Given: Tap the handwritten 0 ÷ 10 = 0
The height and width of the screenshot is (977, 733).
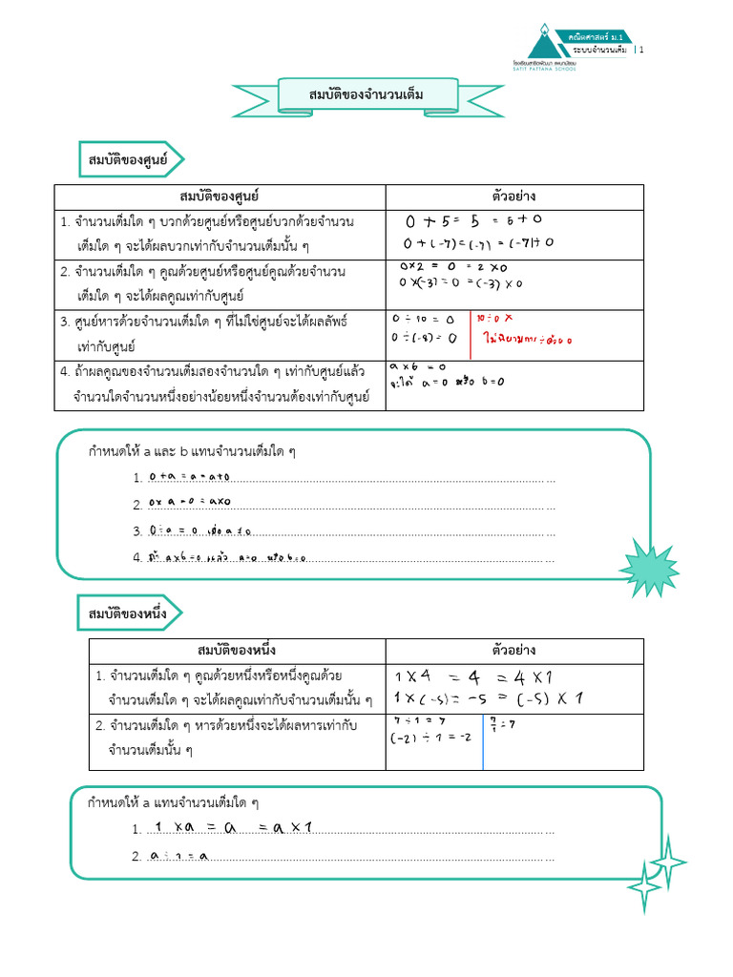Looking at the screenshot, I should pos(424,320).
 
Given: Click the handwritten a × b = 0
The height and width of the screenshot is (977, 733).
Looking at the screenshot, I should pos(417,367).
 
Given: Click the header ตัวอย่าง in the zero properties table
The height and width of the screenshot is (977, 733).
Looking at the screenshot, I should pos(514,197).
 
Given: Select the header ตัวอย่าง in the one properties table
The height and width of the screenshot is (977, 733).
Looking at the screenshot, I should pos(514,651).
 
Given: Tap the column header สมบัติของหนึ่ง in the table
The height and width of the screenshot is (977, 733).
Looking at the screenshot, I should pos(237,651).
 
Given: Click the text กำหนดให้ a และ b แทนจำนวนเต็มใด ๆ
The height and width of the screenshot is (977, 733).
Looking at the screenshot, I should pos(192,451).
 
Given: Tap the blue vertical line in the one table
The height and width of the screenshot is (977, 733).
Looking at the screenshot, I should pos(483,741).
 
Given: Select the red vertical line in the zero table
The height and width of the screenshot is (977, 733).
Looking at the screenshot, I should pos(470,333).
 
